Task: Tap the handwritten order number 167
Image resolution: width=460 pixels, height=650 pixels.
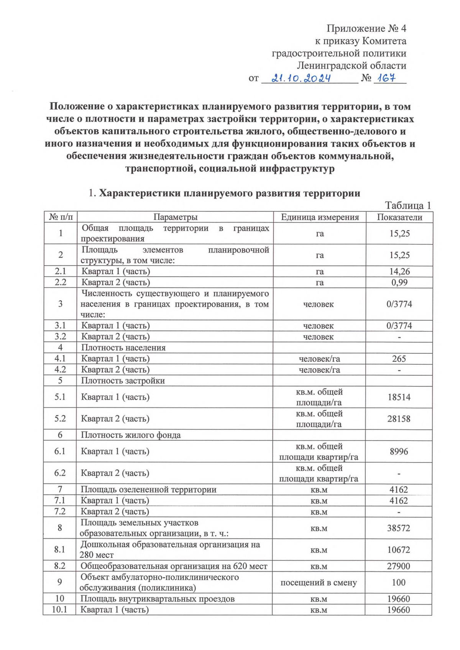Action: tap(386, 78)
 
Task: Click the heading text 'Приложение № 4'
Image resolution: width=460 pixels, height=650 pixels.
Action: tap(366, 28)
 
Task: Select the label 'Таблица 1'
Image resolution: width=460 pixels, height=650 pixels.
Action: tap(408, 206)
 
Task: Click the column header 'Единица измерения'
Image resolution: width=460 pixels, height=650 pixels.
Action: tap(320, 217)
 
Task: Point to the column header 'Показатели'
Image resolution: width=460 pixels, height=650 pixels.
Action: tap(399, 217)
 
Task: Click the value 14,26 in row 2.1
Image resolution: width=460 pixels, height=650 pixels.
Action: tap(399, 272)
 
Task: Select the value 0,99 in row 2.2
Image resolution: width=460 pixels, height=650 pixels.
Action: tap(399, 283)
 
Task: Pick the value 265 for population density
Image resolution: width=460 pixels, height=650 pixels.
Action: tap(399, 359)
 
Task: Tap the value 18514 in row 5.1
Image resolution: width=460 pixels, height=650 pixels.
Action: tap(399, 397)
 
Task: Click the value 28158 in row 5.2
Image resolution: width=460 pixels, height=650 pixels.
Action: tap(399, 419)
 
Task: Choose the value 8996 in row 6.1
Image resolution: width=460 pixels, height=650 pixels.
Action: tap(399, 452)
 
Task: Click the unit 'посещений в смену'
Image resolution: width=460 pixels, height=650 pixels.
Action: tap(319, 583)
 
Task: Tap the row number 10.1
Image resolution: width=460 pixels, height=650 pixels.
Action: tap(59, 610)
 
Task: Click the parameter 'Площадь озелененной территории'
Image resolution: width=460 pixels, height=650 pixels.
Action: tap(148, 490)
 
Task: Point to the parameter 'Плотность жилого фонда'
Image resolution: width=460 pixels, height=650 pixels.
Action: tap(131, 435)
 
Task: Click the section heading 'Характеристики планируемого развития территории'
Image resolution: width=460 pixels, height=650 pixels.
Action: tap(230, 193)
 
